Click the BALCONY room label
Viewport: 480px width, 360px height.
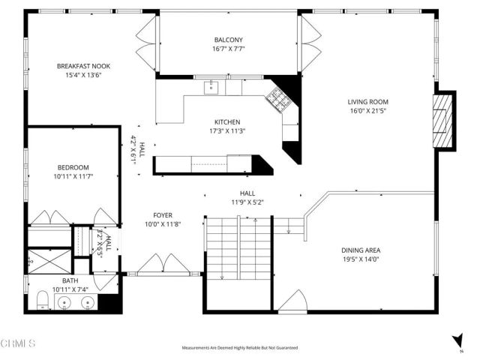[x=228, y=40]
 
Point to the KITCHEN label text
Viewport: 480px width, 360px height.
[x=226, y=121]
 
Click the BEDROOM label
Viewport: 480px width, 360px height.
[x=73, y=167]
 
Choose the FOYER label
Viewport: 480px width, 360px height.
[x=163, y=214]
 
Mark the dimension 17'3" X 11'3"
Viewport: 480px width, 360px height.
[x=226, y=130]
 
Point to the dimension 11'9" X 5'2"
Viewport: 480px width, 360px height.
[x=247, y=201]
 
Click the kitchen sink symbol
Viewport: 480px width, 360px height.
[x=211, y=87]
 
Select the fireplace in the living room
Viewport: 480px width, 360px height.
[x=445, y=120]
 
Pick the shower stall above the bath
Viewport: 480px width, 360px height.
[x=49, y=262]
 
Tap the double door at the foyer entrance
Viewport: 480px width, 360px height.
[x=163, y=265]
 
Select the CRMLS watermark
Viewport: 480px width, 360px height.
[x=19, y=344]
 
